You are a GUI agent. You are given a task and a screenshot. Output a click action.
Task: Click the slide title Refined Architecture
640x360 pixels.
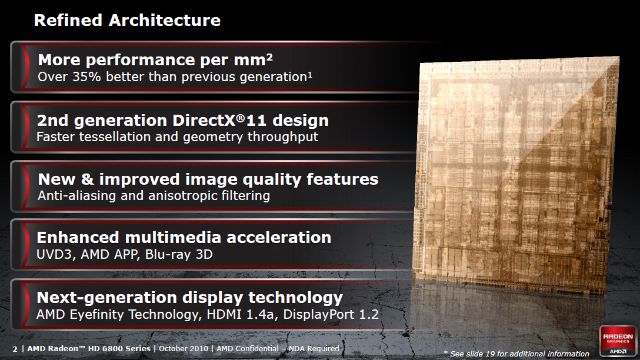(127, 21)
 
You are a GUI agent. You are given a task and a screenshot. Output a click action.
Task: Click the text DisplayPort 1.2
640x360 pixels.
(331, 314)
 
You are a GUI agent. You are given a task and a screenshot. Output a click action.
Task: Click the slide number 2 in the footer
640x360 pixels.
(15, 349)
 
